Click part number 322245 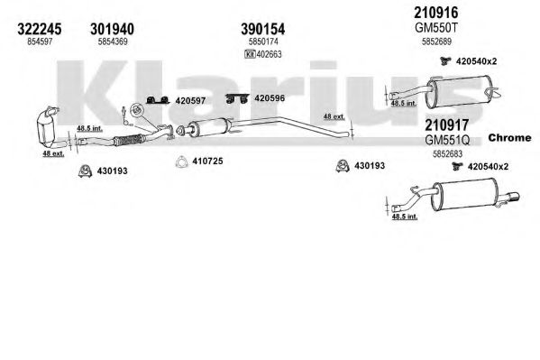coord(40,29)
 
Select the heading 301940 coord(113,29)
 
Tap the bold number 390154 coord(262,29)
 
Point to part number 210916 coord(436,13)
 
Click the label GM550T coord(436,28)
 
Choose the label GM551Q coord(447,140)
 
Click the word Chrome coord(509,137)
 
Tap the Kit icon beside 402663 coord(250,54)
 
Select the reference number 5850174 coord(263,42)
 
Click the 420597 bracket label coord(190,101)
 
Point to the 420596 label coord(270,98)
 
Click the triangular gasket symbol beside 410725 coord(181,162)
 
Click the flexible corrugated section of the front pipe coord(128,140)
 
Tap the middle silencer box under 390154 coord(207,127)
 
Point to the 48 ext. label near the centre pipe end coord(334,116)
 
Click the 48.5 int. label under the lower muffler coord(405,217)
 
